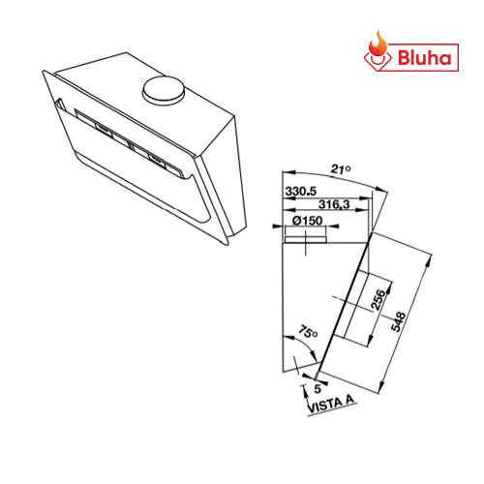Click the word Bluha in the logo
click(424, 58)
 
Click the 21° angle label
click(341, 168)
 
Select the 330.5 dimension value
click(301, 191)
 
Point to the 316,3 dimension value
click(334, 204)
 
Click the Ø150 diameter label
click(307, 221)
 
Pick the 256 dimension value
click(378, 299)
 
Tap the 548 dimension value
click(398, 321)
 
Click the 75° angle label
click(307, 332)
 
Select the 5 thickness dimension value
click(318, 389)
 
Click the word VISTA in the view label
click(324, 406)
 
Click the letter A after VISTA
click(349, 400)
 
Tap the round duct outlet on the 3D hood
click(164, 90)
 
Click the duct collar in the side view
click(306, 239)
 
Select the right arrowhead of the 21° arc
click(379, 190)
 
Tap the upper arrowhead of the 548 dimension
click(429, 260)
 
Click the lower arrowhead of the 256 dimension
click(371, 339)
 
